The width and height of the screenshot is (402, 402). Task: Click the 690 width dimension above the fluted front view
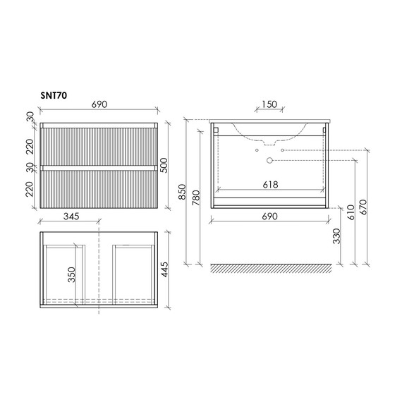coord(98,104)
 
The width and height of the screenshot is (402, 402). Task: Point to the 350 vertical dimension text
coord(71,274)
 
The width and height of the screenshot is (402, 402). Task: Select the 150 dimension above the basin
coord(269,104)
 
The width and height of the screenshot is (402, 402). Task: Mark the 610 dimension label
coord(351,212)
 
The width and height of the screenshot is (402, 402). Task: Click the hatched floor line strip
coord(271,268)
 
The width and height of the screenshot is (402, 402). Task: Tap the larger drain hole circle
coord(269,161)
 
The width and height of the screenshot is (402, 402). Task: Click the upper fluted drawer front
coord(98,146)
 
